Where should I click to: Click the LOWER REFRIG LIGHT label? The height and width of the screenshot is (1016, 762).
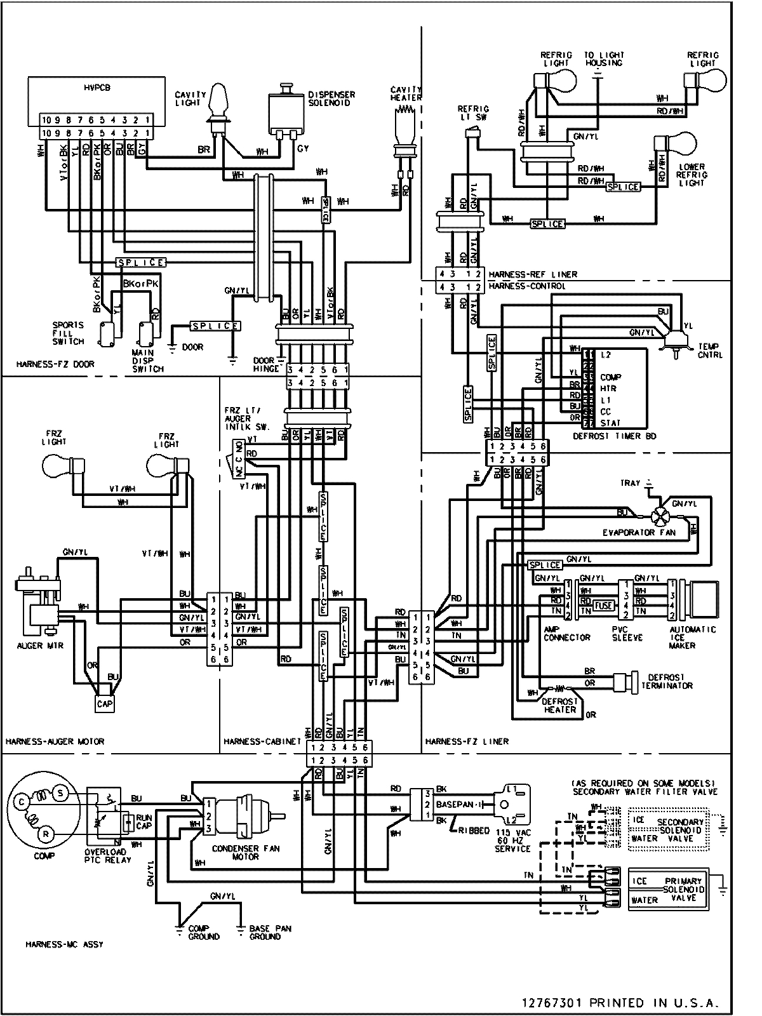692,175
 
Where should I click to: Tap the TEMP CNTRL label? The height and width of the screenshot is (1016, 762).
710,351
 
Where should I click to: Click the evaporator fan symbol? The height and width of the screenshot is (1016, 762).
660,515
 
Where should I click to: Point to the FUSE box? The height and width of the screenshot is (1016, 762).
603,606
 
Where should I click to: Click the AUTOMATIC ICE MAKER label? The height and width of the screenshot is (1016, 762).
692,637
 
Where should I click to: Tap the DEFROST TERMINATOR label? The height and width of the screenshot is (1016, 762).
666,681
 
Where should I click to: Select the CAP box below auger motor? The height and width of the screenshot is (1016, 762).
105,704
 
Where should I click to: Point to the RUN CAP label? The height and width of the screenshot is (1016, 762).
143,822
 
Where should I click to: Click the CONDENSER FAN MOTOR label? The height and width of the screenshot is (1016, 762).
245,852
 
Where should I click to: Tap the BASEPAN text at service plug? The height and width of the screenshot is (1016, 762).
453,804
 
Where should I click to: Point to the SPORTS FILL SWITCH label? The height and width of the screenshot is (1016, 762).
68,333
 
